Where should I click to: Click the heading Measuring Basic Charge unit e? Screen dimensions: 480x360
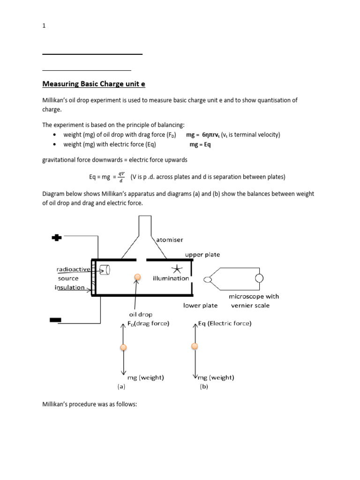[x=94, y=84]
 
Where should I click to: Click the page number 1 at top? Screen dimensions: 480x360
[x=44, y=26]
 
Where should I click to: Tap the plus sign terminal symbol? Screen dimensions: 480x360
[x=57, y=238]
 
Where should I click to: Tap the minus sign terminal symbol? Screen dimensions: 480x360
[x=55, y=320]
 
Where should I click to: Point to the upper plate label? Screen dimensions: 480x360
[x=202, y=255]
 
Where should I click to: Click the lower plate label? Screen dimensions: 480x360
[x=200, y=305]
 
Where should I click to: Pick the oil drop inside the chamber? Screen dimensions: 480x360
[x=137, y=277]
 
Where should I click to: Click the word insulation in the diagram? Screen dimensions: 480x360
[x=71, y=287]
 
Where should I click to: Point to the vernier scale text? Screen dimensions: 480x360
[x=250, y=305]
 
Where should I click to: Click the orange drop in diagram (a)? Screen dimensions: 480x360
[x=123, y=347]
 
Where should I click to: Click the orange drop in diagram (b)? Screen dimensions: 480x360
[x=194, y=346]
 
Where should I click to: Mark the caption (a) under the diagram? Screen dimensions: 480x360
[x=121, y=387]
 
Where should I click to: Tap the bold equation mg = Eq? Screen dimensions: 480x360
[x=200, y=145]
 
